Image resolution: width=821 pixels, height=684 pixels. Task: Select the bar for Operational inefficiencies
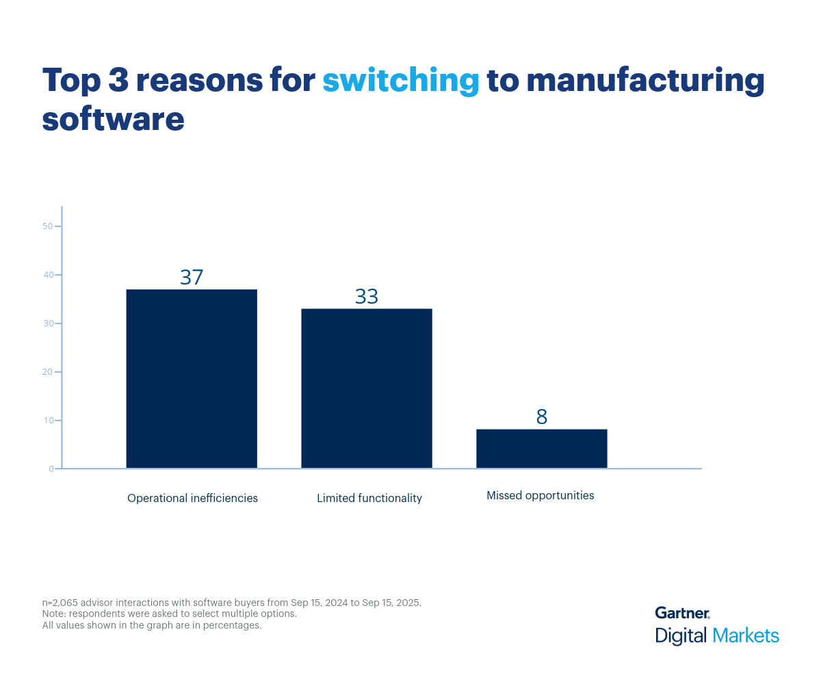(192, 379)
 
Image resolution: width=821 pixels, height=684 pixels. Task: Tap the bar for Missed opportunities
(542, 449)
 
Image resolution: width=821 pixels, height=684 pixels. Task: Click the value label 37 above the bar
(192, 277)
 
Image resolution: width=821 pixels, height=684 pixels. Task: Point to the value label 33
(367, 296)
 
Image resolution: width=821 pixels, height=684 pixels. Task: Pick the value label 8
(542, 417)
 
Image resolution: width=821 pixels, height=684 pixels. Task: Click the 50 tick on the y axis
(48, 226)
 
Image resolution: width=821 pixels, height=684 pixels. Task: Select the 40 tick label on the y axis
(48, 275)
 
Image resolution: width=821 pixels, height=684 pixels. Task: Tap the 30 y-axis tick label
(48, 324)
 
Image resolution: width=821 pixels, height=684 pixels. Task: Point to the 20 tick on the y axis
(48, 372)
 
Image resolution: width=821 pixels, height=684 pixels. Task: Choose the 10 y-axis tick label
(48, 420)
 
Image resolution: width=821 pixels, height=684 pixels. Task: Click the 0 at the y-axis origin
(51, 469)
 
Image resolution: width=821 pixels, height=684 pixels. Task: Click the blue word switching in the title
(400, 81)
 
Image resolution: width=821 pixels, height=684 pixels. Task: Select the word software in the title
(113, 118)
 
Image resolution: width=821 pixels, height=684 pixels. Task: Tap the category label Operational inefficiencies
(192, 498)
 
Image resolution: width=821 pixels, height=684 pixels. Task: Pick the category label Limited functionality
(369, 498)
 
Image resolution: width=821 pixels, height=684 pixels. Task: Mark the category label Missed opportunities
(540, 495)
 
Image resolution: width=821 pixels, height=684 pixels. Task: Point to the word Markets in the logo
(746, 635)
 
